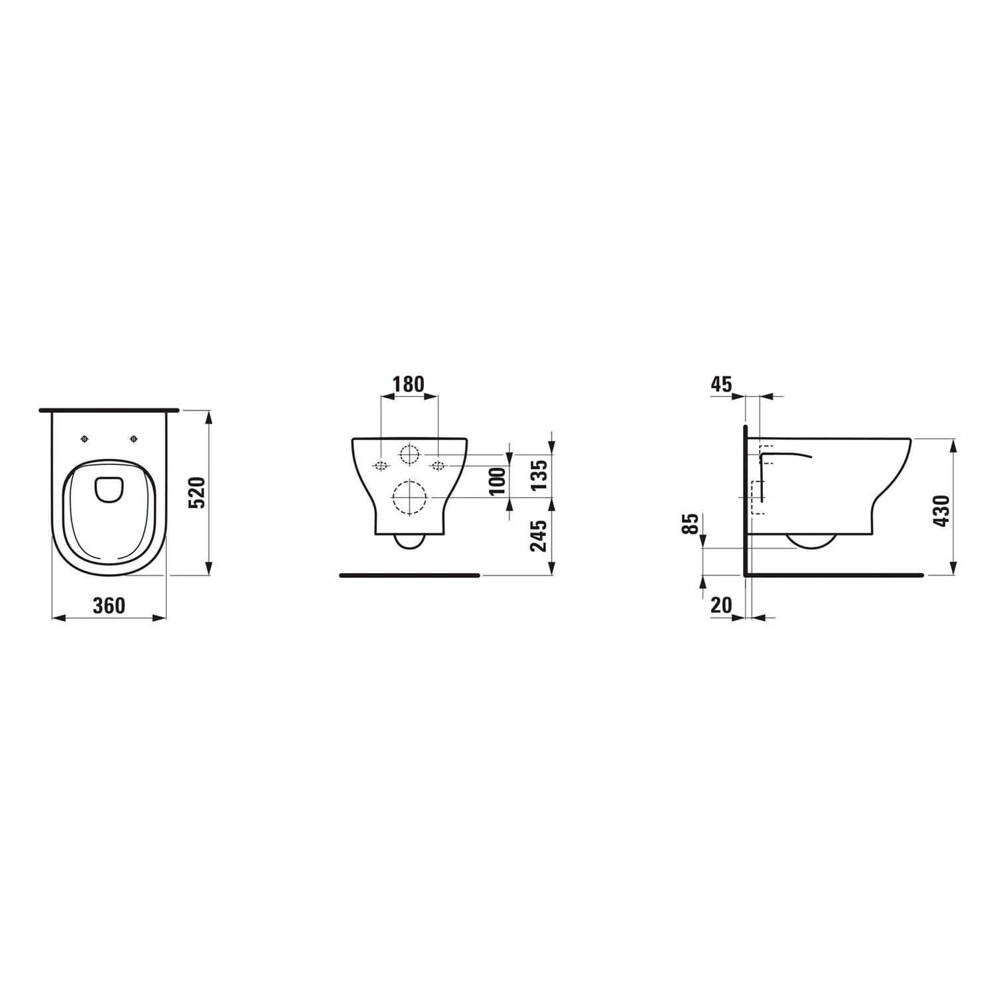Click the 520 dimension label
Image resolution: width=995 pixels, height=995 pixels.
point(198,492)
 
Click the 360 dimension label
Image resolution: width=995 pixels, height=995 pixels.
point(109,606)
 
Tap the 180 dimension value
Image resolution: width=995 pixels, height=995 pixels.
point(408,385)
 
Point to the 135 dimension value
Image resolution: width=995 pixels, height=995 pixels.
point(540,474)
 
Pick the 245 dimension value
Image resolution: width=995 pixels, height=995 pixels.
point(540,536)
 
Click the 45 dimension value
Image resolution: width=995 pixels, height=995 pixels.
point(721,384)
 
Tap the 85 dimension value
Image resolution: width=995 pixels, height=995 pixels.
point(691,524)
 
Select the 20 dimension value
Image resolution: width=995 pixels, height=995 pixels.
point(721,605)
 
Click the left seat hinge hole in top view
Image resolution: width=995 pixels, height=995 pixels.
point(84,438)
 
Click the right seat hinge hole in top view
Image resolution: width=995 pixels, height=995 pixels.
point(134,438)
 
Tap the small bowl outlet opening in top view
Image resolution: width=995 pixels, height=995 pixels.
point(109,489)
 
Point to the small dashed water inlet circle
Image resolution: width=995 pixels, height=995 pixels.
point(409,454)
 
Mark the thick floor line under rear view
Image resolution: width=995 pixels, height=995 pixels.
point(409,575)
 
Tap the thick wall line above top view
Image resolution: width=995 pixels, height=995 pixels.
point(109,410)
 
